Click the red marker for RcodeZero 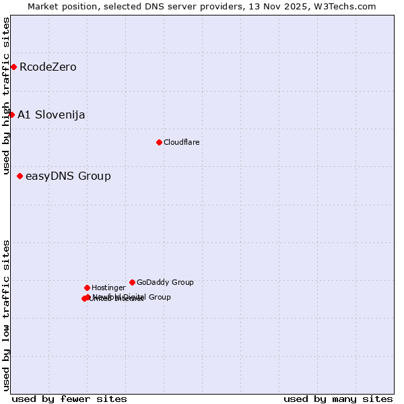(13, 67)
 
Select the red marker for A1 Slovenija (11, 114)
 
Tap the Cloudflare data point (159, 142)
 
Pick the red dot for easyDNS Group (20, 176)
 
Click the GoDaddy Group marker (132, 282)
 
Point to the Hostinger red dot (87, 288)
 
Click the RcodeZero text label (48, 67)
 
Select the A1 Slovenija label (51, 114)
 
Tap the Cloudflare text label (181, 142)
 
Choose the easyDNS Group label (68, 176)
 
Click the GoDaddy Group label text (165, 282)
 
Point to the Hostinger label (108, 288)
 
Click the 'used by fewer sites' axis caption (69, 399)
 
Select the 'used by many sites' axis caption (338, 399)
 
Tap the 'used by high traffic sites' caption (6, 96)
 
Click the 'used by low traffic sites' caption (6, 314)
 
